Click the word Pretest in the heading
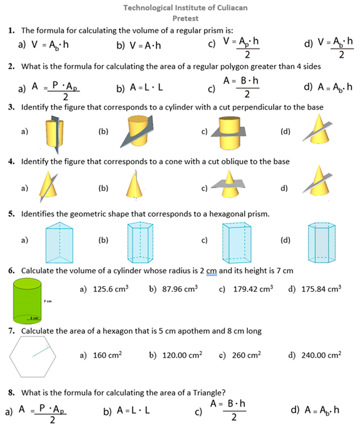180,18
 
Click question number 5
12,214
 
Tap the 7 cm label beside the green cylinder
48,301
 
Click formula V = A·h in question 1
145,45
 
